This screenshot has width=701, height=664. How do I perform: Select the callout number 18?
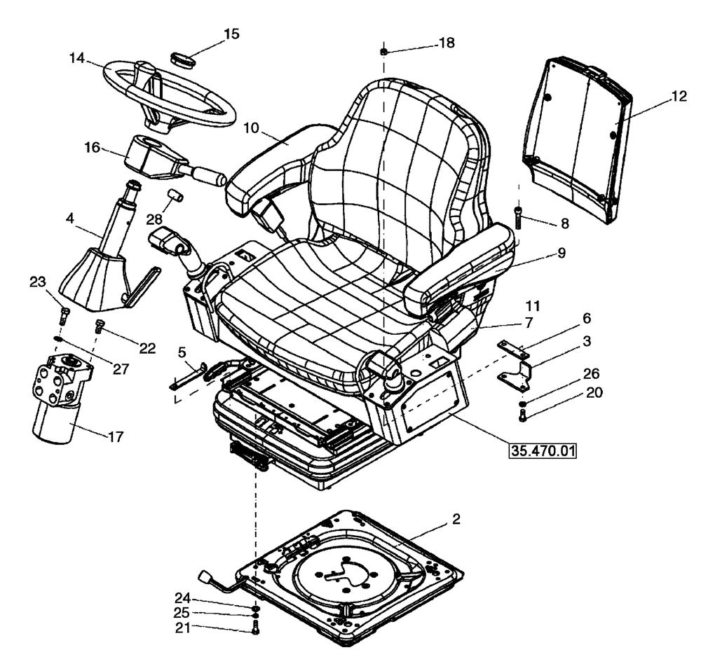pyautogui.click(x=446, y=43)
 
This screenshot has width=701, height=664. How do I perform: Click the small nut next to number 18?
pyautogui.click(x=384, y=52)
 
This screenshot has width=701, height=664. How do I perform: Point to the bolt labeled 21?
pyautogui.click(x=256, y=628)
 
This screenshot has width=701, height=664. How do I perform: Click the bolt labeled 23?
pyautogui.click(x=64, y=314)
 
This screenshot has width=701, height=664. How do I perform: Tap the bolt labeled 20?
pyautogui.click(x=524, y=417)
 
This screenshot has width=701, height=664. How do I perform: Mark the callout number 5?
pyautogui.click(x=182, y=351)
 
